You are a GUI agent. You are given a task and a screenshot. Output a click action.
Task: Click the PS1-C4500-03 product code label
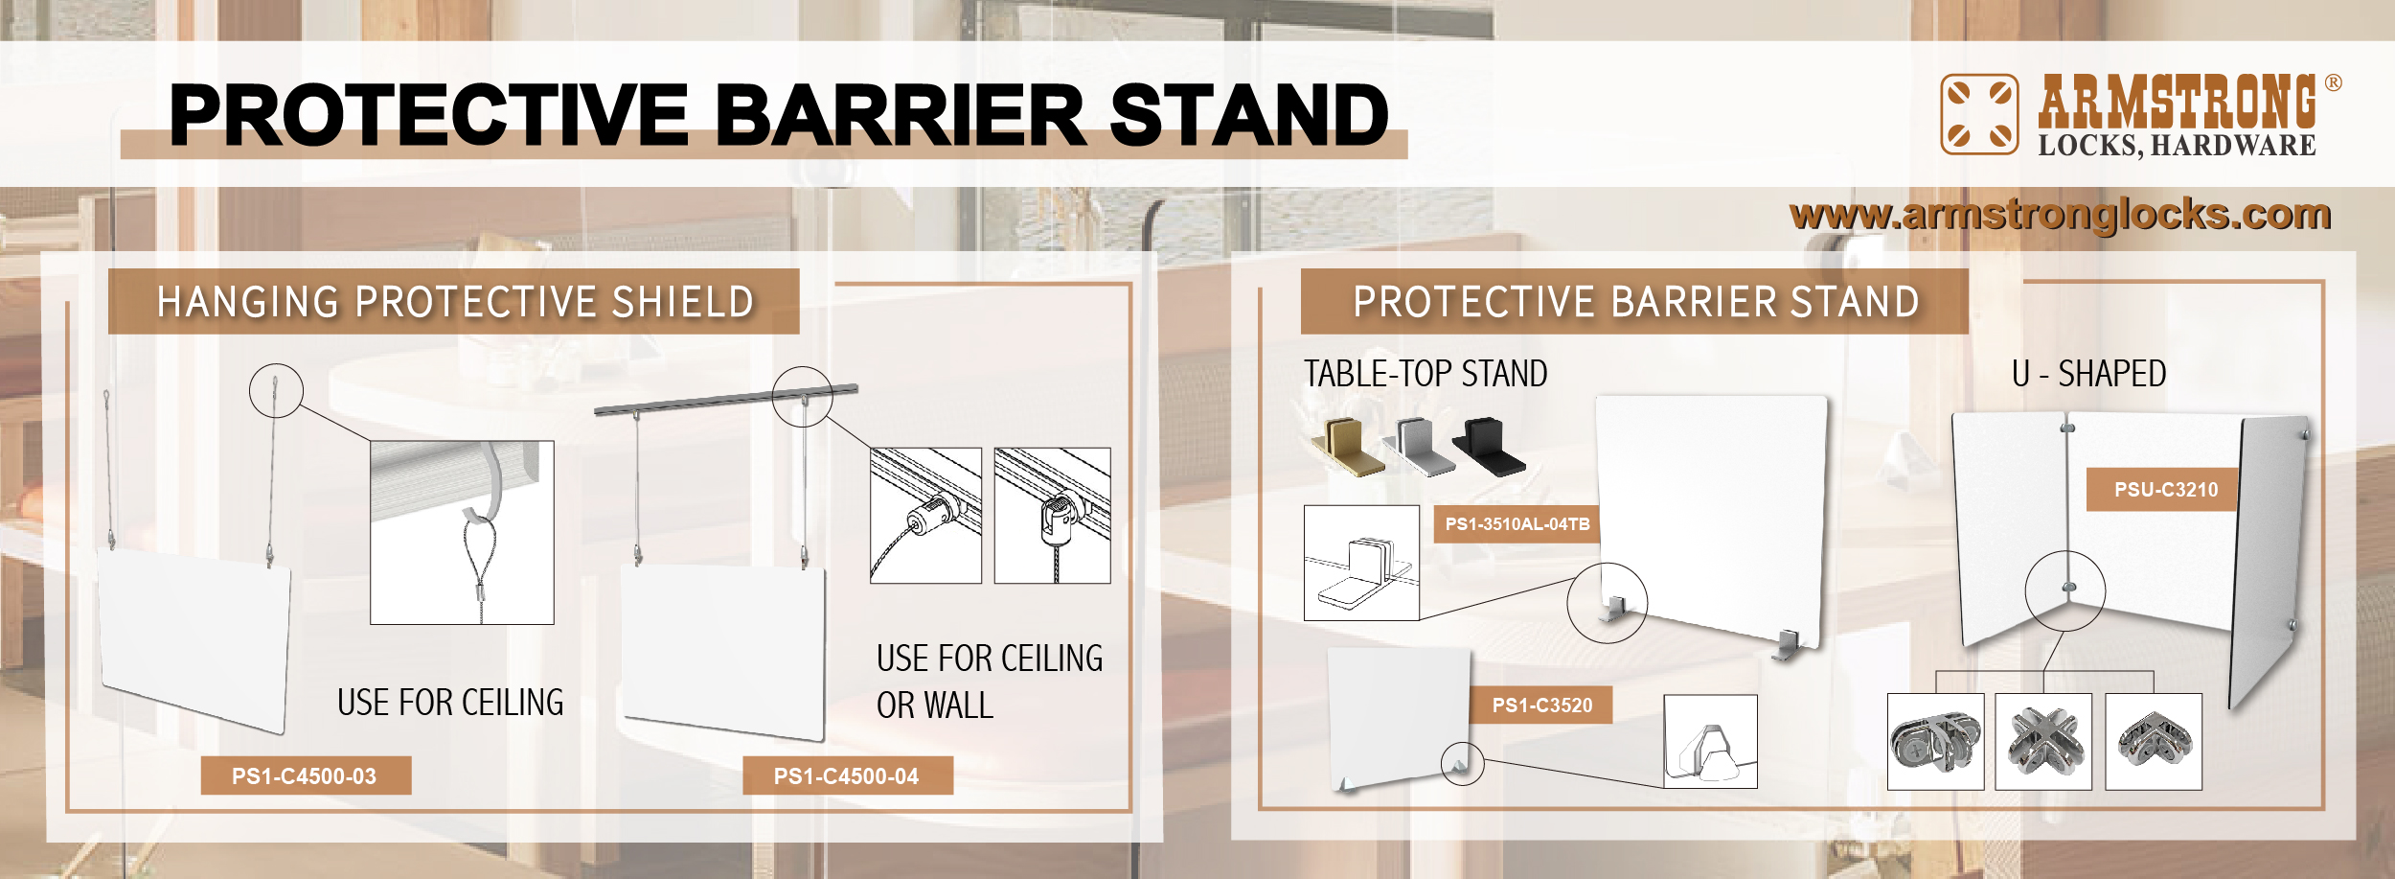click(306, 775)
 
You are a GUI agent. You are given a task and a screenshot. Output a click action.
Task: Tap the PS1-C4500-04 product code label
click(847, 775)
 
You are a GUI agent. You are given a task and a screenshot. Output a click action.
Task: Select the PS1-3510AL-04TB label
click(1517, 524)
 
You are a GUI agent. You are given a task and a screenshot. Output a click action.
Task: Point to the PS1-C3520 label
click(1541, 706)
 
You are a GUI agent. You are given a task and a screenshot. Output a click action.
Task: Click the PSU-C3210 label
click(2166, 490)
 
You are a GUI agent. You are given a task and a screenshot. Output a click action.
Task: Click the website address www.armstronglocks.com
click(2060, 215)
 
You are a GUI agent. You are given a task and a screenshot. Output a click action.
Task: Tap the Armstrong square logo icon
click(1979, 114)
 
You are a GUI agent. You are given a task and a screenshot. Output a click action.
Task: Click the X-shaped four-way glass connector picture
click(2043, 742)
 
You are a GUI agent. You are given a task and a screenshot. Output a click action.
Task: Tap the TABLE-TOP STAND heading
click(1426, 374)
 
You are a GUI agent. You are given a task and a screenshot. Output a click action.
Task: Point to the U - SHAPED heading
click(2088, 374)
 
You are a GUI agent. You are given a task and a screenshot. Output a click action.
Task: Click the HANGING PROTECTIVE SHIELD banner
click(454, 302)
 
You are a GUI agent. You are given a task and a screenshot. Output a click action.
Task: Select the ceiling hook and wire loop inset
click(462, 533)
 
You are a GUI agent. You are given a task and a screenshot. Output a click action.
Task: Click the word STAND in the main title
click(1249, 115)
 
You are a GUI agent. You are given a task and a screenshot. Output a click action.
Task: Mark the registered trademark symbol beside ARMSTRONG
click(2334, 82)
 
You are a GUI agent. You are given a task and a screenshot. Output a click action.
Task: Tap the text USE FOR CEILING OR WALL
click(990, 682)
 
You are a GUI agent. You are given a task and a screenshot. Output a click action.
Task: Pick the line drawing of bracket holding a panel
click(1361, 563)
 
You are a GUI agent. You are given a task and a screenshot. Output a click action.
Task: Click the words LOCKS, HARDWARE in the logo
click(2177, 146)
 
